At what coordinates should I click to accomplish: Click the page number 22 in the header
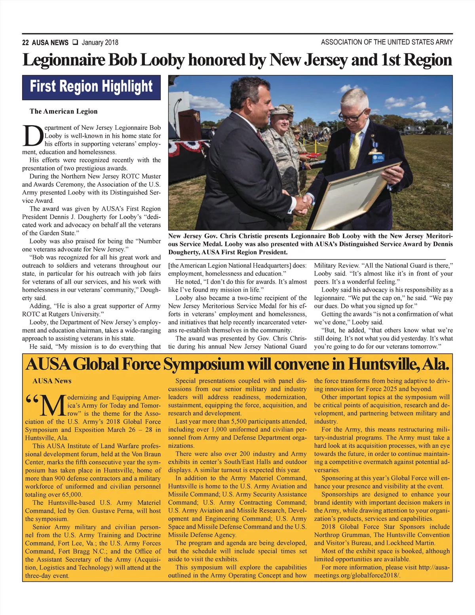(25, 42)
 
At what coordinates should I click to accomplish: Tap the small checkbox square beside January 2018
(75, 42)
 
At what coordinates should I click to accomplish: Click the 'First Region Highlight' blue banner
(91, 87)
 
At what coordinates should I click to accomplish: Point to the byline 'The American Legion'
(63, 111)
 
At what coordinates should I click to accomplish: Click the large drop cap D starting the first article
(32, 135)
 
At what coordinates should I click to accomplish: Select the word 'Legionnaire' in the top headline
(63, 60)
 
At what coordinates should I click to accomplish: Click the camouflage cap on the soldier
(280, 110)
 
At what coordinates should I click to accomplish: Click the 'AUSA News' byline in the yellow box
(52, 381)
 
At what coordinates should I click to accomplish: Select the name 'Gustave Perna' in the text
(112, 511)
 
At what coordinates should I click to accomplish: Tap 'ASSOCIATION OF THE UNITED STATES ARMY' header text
(387, 42)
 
